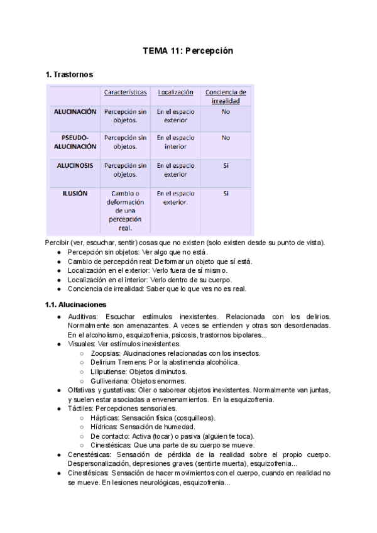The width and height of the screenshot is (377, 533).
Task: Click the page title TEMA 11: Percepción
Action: click(188, 51)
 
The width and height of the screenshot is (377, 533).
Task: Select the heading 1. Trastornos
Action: click(69, 75)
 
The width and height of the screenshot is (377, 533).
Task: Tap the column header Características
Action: click(126, 92)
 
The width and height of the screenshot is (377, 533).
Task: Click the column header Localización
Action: click(175, 92)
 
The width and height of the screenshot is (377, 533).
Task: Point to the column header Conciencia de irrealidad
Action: click(226, 96)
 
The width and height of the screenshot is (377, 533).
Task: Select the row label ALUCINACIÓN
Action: click(75, 112)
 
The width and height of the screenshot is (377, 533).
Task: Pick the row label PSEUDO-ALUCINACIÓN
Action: click(75, 142)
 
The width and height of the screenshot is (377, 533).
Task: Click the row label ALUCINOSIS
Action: click(75, 166)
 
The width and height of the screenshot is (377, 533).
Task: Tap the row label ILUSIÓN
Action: click(75, 194)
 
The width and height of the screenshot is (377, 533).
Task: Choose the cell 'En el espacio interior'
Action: click(175, 142)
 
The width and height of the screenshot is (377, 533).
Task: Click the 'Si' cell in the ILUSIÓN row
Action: click(226, 194)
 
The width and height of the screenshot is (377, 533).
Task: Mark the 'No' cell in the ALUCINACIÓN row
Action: click(226, 112)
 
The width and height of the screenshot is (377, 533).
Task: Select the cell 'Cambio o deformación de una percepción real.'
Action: click(126, 211)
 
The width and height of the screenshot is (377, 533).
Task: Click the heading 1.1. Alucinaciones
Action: click(75, 305)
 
